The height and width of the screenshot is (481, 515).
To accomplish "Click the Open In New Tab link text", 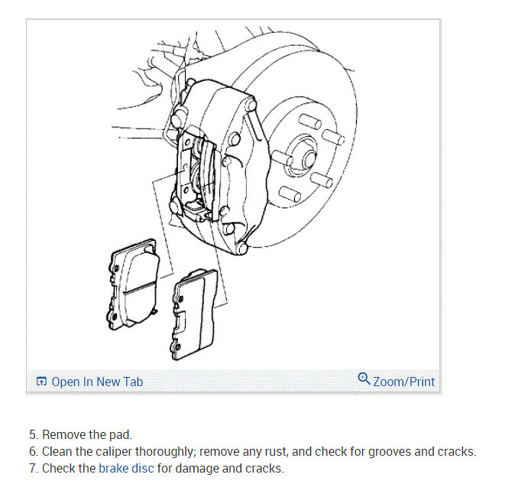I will (x=97, y=382).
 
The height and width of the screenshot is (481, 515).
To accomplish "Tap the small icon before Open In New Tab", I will (x=42, y=382).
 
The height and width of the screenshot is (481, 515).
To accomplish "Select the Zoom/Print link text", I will (x=403, y=381).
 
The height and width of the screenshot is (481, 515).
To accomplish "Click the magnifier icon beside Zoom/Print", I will (x=364, y=379).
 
